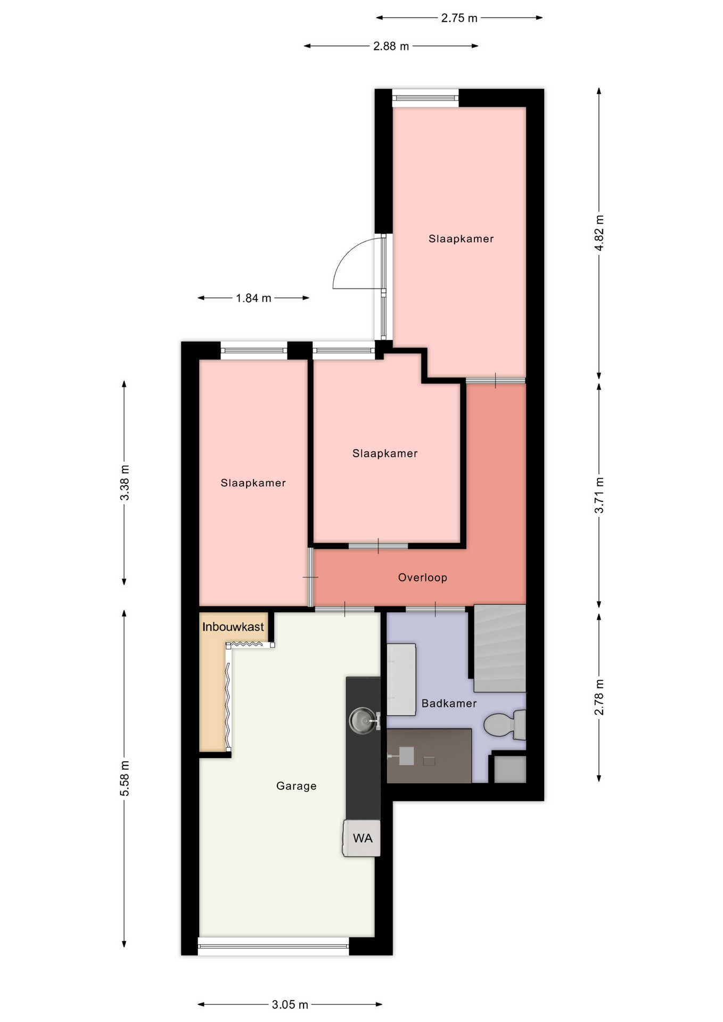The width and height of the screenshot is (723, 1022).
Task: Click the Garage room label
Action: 296,786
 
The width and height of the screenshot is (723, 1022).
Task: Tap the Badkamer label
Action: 449,703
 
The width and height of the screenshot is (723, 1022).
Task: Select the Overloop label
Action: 422,577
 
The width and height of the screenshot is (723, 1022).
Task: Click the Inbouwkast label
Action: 233,627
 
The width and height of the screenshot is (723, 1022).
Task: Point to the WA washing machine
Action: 361,838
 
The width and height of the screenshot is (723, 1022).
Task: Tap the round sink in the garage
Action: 363,721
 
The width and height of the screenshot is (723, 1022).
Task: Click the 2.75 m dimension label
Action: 459,18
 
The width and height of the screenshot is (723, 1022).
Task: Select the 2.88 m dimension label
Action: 391,46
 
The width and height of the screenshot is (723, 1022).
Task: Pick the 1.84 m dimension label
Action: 253,298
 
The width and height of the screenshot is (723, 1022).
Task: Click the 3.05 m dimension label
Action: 290,1004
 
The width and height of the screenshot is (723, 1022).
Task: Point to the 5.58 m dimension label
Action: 125,778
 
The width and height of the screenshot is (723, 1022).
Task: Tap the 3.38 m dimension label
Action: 125,483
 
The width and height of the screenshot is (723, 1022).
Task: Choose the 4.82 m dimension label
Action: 599,233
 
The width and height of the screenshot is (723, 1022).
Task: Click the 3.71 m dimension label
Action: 599,496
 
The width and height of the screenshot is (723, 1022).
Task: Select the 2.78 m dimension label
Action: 599,697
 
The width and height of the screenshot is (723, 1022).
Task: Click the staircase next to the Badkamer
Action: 499,648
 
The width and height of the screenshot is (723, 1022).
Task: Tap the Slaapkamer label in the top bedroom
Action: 461,238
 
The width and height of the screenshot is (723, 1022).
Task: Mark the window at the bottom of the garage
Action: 274,946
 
